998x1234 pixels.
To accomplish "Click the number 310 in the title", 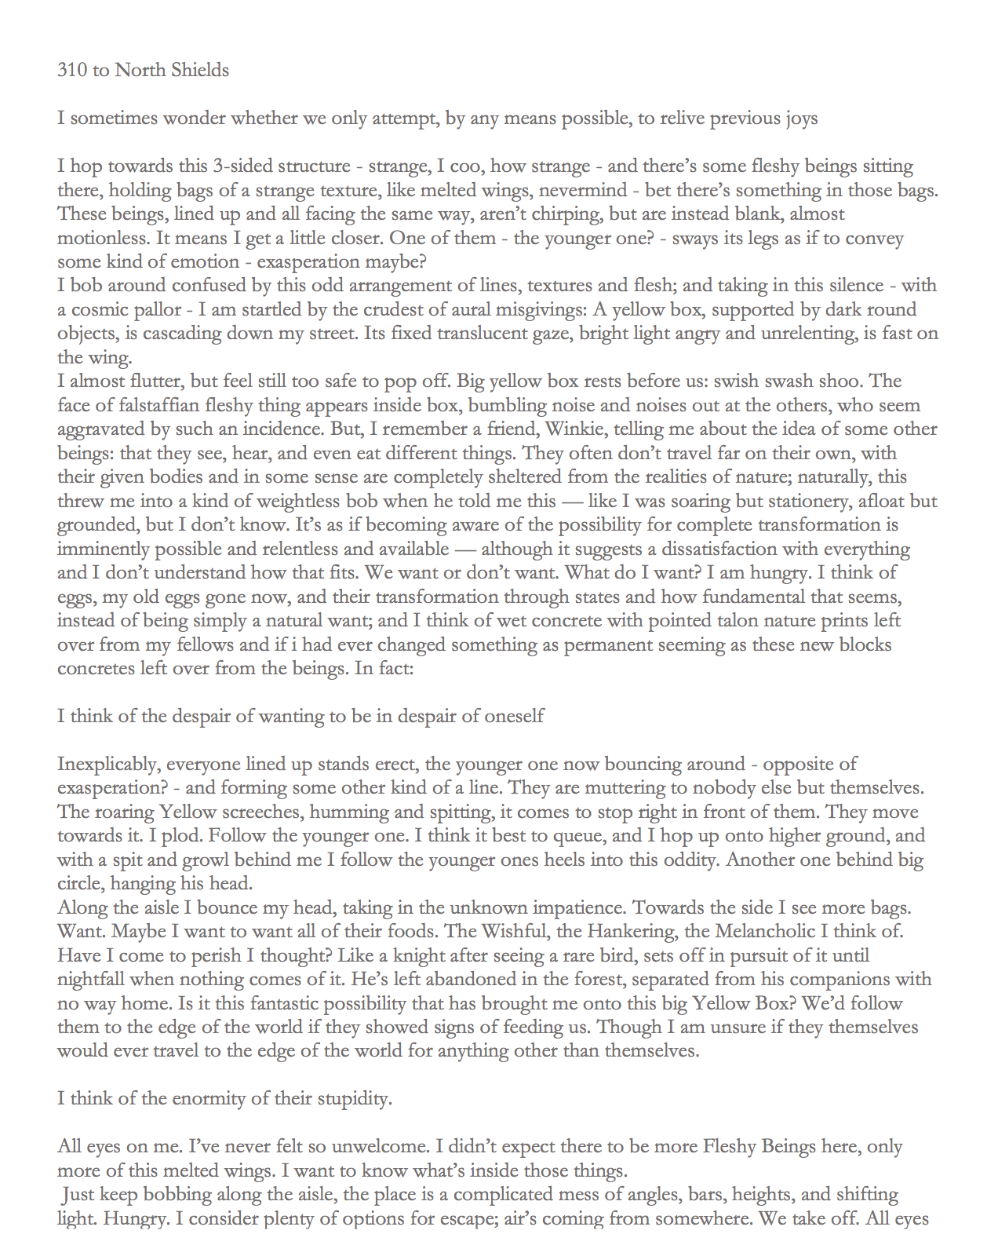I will (x=72, y=71).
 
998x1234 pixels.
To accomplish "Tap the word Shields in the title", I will (x=199, y=71).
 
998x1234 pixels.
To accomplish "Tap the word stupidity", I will (x=354, y=1099).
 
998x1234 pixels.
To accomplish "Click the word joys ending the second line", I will (x=800, y=119).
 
